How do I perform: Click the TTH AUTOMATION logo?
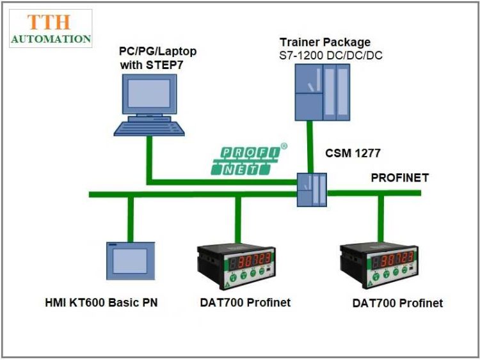click(x=51, y=29)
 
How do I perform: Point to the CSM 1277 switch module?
click(x=312, y=189)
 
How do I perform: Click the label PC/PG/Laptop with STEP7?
click(x=157, y=58)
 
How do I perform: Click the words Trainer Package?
click(x=324, y=42)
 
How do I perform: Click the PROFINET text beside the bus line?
click(x=399, y=178)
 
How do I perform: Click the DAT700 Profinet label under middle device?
click(x=244, y=302)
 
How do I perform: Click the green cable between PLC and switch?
click(x=310, y=146)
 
